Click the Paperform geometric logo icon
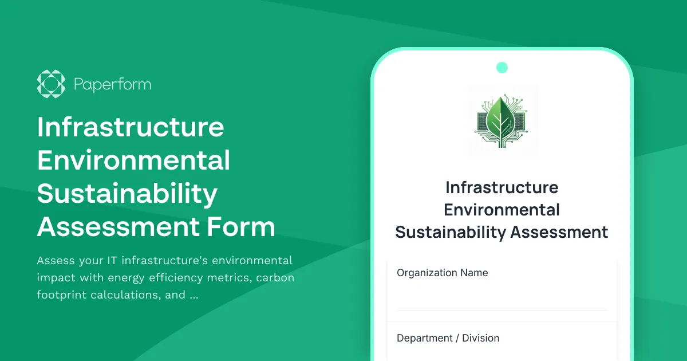pos(51,84)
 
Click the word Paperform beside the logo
pos(113,85)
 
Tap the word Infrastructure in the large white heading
pos(131,127)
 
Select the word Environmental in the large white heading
pos(133,160)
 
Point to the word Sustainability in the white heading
pos(127,194)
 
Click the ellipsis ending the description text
pos(194,296)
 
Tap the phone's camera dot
pos(502,68)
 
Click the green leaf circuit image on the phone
pos(502,121)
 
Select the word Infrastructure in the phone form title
pos(502,187)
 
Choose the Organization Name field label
pos(443,273)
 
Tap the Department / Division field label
pos(448,338)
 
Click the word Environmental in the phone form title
pos(502,210)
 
